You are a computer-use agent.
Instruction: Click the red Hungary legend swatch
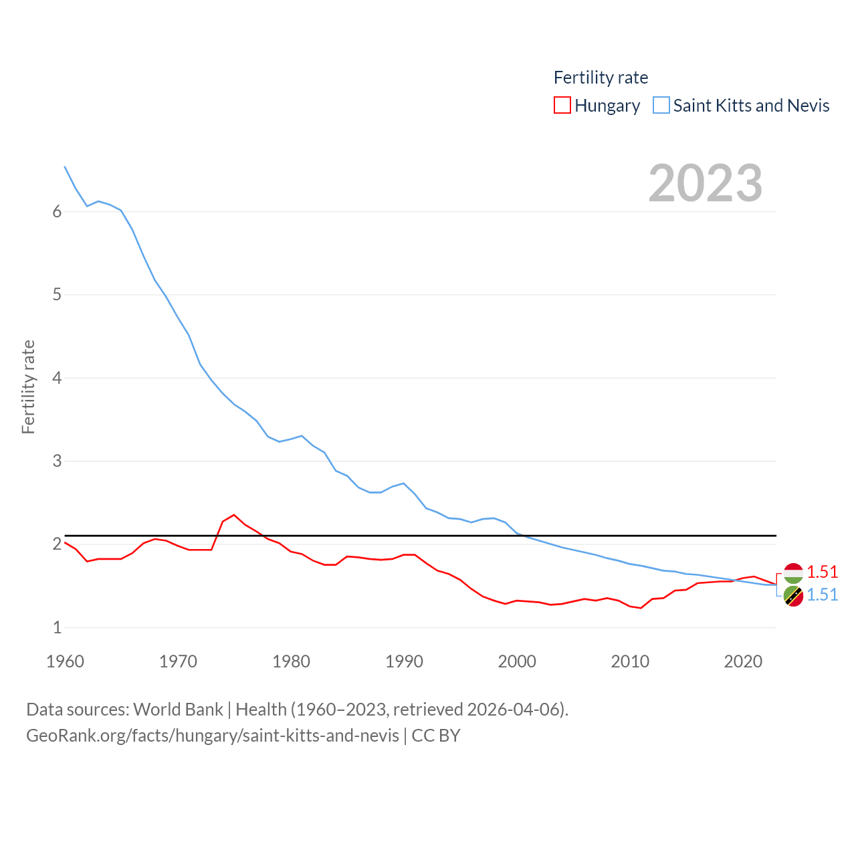point(562,106)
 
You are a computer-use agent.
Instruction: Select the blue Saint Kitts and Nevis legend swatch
point(661,106)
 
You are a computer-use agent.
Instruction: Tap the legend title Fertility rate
point(601,78)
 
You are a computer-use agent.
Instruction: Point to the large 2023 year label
point(705,183)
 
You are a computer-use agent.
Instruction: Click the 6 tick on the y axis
point(57,212)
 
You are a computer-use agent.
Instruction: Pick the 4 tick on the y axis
point(57,379)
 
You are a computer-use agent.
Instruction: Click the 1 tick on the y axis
point(57,628)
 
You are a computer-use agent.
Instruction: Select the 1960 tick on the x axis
point(65,661)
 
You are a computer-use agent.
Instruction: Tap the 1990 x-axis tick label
point(404,661)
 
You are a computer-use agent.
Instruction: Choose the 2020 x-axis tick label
point(743,661)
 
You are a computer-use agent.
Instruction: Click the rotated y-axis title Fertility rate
point(28,387)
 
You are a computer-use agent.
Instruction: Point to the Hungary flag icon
point(793,573)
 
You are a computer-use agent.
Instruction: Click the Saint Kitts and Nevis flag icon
point(793,596)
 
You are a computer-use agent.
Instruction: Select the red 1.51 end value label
point(822,572)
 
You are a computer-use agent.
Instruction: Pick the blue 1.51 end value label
point(822,595)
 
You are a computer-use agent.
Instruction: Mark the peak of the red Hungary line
point(233,515)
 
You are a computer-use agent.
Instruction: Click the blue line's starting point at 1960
point(65,167)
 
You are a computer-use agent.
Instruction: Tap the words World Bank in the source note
point(178,710)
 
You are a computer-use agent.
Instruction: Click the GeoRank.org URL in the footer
point(213,736)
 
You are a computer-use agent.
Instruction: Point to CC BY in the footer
point(436,736)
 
